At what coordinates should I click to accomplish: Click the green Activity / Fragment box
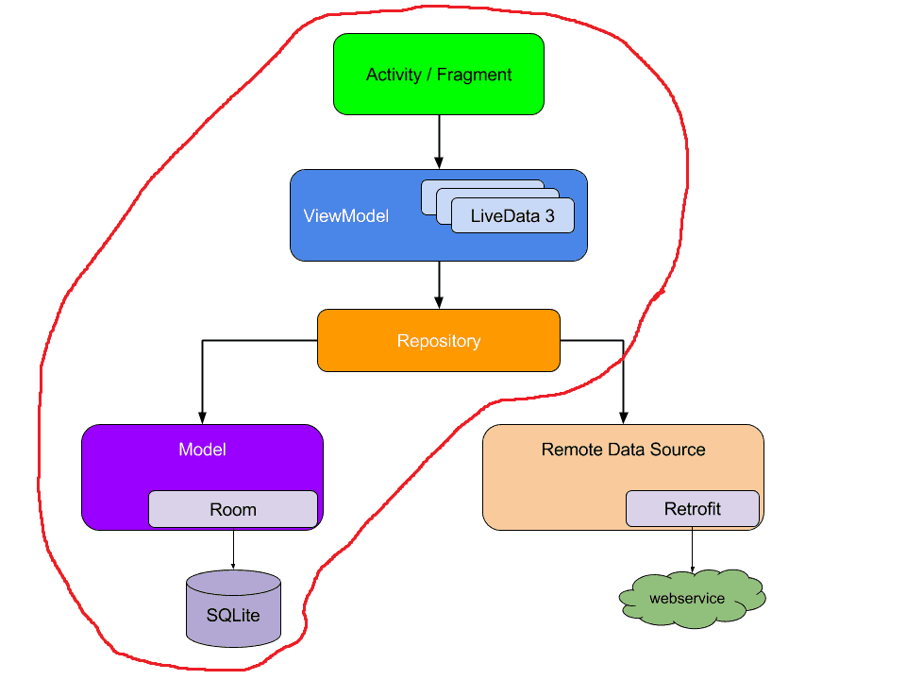pyautogui.click(x=438, y=74)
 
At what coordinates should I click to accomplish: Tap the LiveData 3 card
pyautogui.click(x=512, y=215)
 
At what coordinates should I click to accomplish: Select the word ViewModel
pyautogui.click(x=345, y=215)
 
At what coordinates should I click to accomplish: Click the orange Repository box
pyautogui.click(x=438, y=341)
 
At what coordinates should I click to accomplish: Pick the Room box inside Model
pyautogui.click(x=232, y=509)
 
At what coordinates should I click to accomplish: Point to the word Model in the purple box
pyautogui.click(x=202, y=450)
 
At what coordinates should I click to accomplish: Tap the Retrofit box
pyautogui.click(x=692, y=509)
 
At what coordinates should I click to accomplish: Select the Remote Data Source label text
pyautogui.click(x=623, y=450)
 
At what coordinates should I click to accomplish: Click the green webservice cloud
pyautogui.click(x=692, y=598)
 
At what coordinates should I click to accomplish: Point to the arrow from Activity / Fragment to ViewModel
pyautogui.click(x=439, y=142)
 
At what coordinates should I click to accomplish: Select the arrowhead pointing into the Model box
pyautogui.click(x=202, y=417)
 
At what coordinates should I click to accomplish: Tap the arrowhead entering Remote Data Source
pyautogui.click(x=623, y=417)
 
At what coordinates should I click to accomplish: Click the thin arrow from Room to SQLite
pyautogui.click(x=233, y=549)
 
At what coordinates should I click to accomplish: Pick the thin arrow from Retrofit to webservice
pyautogui.click(x=692, y=549)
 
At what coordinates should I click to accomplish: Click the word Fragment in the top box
pyautogui.click(x=475, y=75)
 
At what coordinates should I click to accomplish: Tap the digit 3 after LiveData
pyautogui.click(x=549, y=215)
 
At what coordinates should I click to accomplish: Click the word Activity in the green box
pyautogui.click(x=394, y=75)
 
